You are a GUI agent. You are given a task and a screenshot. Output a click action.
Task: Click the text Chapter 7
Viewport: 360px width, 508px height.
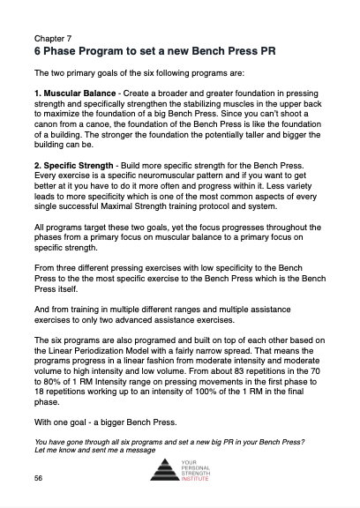click(x=54, y=40)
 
